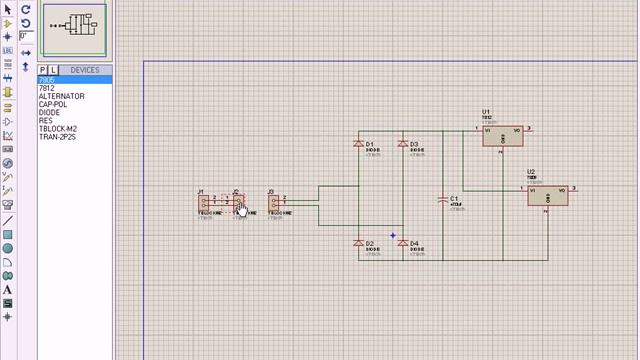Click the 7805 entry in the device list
click(48, 80)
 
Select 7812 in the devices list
click(47, 88)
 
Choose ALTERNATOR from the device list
click(61, 96)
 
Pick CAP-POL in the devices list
click(54, 104)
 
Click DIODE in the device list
click(50, 112)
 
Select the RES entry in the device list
click(46, 120)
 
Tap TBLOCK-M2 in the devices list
click(58, 128)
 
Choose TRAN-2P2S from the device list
click(57, 136)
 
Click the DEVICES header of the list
click(85, 70)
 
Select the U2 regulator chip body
click(548, 195)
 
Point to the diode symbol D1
click(359, 145)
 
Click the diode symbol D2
click(359, 243)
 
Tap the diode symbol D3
click(403, 145)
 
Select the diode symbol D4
click(403, 243)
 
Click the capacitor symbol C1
click(444, 200)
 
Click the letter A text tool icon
click(8, 290)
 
